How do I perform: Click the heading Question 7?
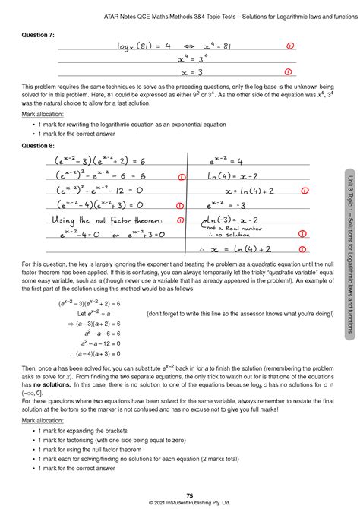39,35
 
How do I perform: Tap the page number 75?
179,495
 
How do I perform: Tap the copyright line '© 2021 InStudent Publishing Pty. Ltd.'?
179,502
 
